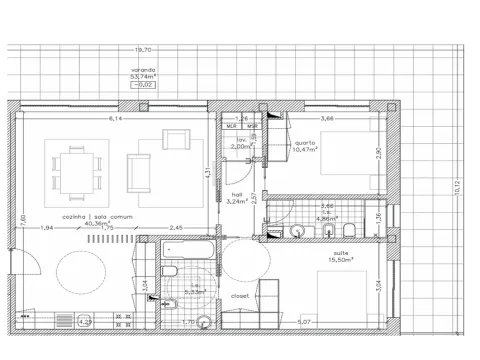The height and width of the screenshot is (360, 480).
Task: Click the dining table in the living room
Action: (74, 166)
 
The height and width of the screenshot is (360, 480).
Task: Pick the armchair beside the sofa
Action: (175, 140)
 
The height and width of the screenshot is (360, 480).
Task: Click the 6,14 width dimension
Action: (116, 119)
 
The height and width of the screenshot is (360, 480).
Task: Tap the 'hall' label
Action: (237, 194)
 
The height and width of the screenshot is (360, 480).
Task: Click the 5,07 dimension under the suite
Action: (304, 321)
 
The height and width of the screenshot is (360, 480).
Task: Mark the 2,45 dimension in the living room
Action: (175, 228)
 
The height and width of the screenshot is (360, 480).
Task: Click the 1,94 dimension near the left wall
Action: (47, 228)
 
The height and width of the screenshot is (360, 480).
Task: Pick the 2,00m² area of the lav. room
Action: (241, 146)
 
